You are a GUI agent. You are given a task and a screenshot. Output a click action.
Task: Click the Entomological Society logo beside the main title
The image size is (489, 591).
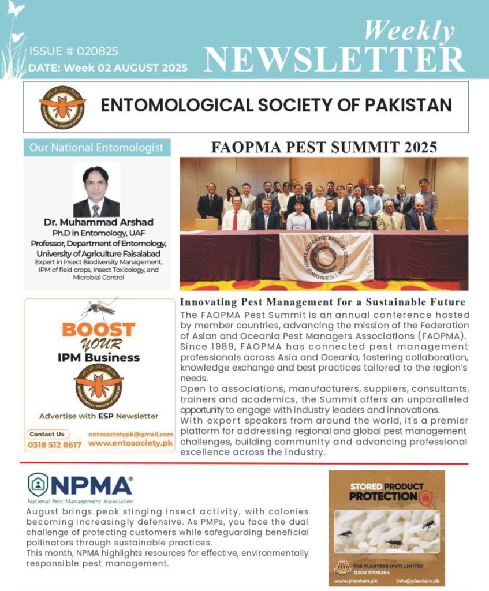[x=62, y=107]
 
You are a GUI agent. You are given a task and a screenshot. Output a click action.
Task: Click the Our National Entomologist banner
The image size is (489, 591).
[x=97, y=148]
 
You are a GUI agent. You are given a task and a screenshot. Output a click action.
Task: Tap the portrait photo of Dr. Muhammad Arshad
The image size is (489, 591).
[x=96, y=190]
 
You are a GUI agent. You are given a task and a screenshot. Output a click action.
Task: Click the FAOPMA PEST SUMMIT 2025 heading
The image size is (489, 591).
[x=324, y=147]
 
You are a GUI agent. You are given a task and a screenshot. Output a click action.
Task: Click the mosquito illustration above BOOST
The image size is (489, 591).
[x=98, y=309]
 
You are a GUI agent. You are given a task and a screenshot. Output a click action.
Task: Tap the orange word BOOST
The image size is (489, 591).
[x=98, y=330]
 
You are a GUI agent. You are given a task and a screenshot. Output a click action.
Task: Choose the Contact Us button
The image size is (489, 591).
[x=47, y=434]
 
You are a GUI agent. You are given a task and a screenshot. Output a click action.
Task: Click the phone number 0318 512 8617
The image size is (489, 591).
[x=55, y=445]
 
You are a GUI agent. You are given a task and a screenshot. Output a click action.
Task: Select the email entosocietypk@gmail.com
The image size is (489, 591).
[x=131, y=434]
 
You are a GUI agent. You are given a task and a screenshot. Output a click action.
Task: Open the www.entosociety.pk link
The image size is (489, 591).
[x=131, y=444]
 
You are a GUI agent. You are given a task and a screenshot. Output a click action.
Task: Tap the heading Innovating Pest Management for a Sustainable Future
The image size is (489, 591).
[x=323, y=302]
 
